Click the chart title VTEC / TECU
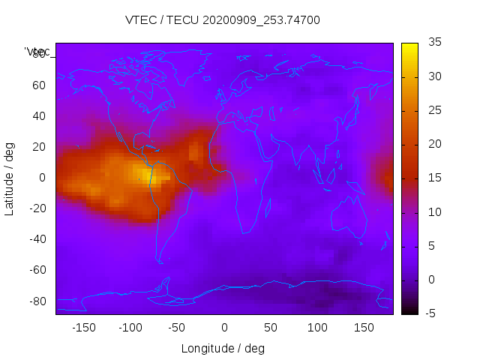coord(223,20)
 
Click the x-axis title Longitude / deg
coord(223,348)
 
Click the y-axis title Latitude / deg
coord(10,178)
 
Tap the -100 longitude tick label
coord(130,327)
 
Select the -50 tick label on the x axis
coord(177,327)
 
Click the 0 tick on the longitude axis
coord(224,327)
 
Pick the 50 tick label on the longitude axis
coord(271,327)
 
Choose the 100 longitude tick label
coord(318,327)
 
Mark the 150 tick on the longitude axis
coord(364,327)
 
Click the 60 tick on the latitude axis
coord(38,85)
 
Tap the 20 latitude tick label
coord(38,147)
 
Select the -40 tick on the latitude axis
coord(36,239)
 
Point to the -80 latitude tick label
coord(36,301)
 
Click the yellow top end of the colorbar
coord(409,46)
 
